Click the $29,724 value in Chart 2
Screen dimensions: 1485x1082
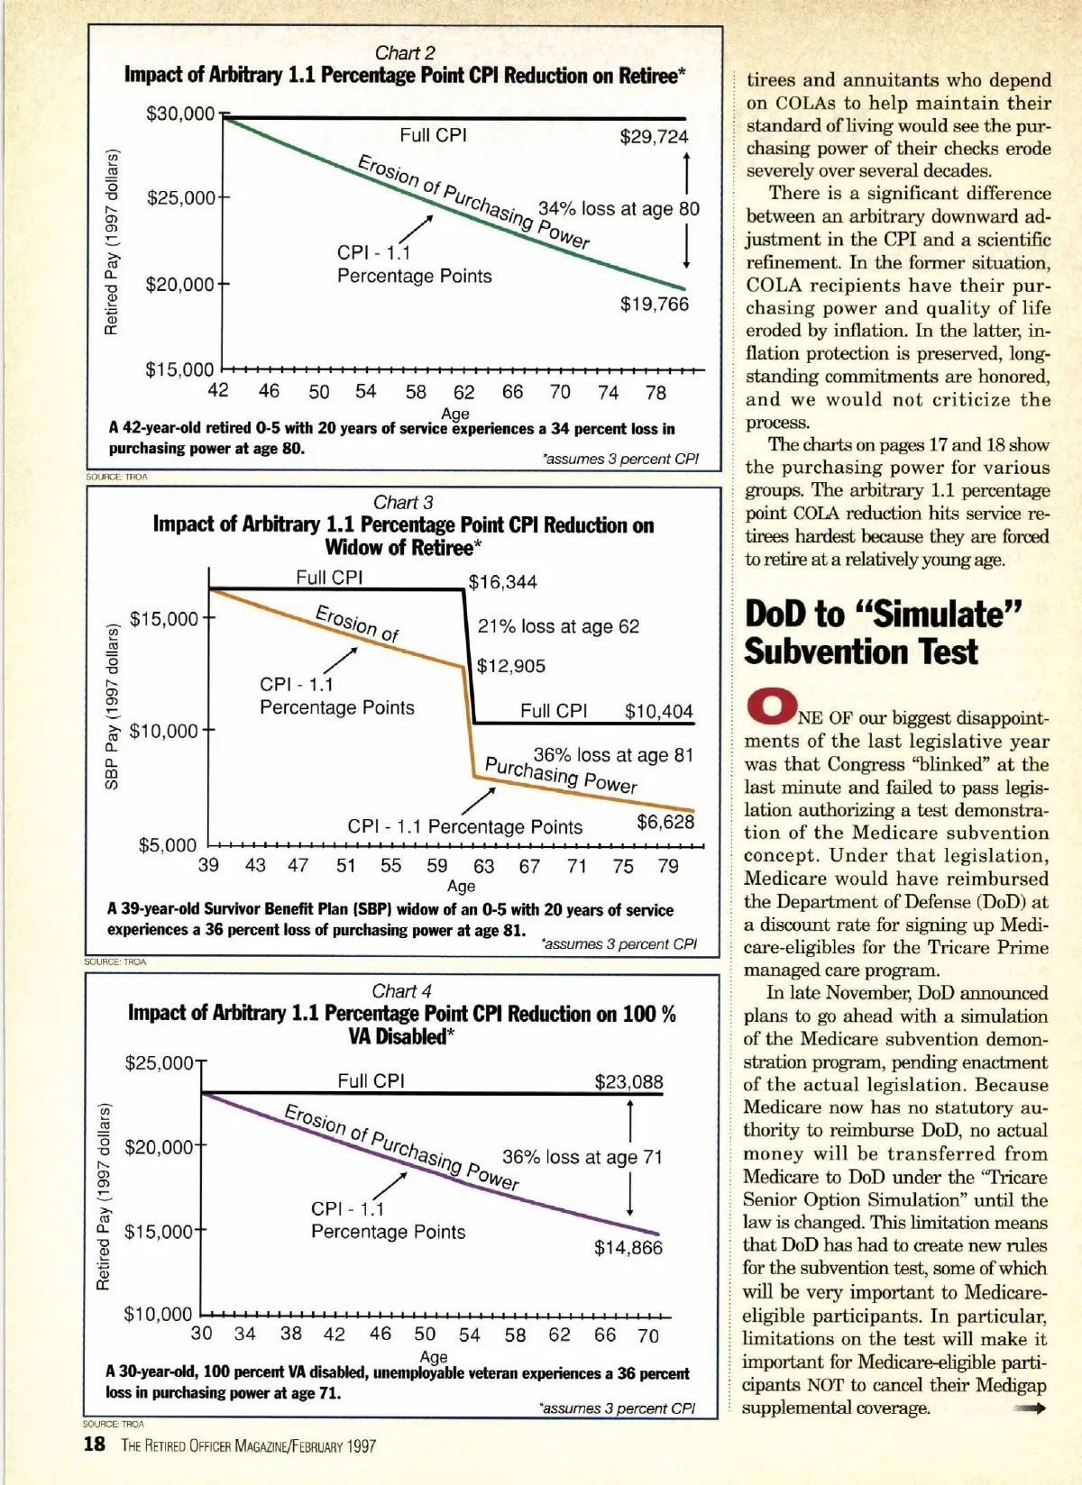[x=654, y=137]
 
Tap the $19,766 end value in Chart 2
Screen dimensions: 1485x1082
[x=654, y=305]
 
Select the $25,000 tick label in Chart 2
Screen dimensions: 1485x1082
[x=180, y=197]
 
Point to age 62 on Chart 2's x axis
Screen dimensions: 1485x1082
[x=463, y=392]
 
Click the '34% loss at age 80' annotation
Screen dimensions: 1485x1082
[x=619, y=208]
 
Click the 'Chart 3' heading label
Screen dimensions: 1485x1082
[x=403, y=502]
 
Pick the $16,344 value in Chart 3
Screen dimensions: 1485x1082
[x=502, y=582]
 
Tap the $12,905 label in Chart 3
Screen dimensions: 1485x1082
[x=510, y=667]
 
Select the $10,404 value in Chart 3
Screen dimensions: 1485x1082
[x=659, y=711]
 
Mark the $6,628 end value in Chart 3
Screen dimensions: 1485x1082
[x=665, y=822]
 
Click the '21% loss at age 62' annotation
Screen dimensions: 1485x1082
[x=558, y=626]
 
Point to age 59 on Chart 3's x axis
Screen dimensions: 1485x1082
[x=437, y=867]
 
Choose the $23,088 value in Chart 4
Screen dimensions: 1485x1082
[x=628, y=1082]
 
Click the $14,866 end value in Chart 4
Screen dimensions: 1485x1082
[x=628, y=1248]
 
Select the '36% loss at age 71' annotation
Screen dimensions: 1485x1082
[x=582, y=1157]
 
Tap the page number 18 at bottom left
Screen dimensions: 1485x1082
[x=94, y=1445]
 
